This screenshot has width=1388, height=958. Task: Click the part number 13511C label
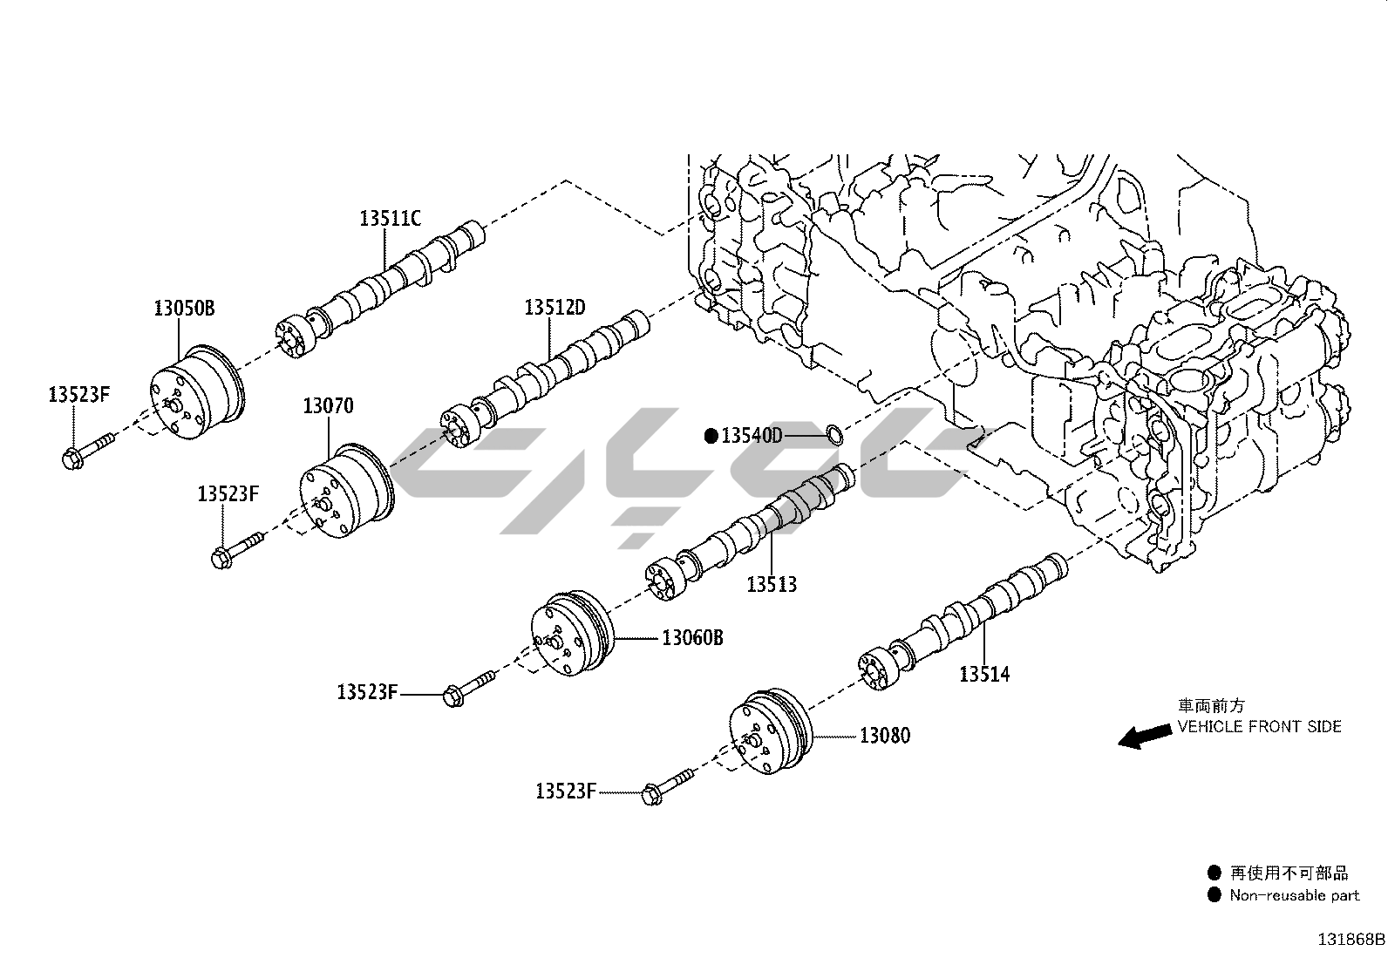pyautogui.click(x=390, y=218)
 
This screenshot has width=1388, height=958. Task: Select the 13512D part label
pyautogui.click(x=554, y=308)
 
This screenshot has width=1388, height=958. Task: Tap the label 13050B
pyautogui.click(x=184, y=307)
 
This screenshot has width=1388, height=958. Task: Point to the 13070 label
pyautogui.click(x=328, y=405)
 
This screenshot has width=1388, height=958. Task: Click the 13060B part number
pyautogui.click(x=691, y=637)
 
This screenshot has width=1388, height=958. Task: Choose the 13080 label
pyautogui.click(x=884, y=736)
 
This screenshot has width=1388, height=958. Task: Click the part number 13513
pyautogui.click(x=771, y=584)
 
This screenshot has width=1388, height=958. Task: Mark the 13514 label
pyautogui.click(x=984, y=674)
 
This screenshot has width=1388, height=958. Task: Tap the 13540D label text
pyautogui.click(x=752, y=435)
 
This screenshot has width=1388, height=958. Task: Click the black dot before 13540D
pyautogui.click(x=711, y=435)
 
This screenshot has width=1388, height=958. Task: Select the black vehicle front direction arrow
pyautogui.click(x=1145, y=736)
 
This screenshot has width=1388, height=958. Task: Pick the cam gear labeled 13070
pyautogui.click(x=345, y=493)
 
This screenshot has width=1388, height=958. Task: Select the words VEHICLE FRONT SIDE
pyautogui.click(x=1260, y=726)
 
